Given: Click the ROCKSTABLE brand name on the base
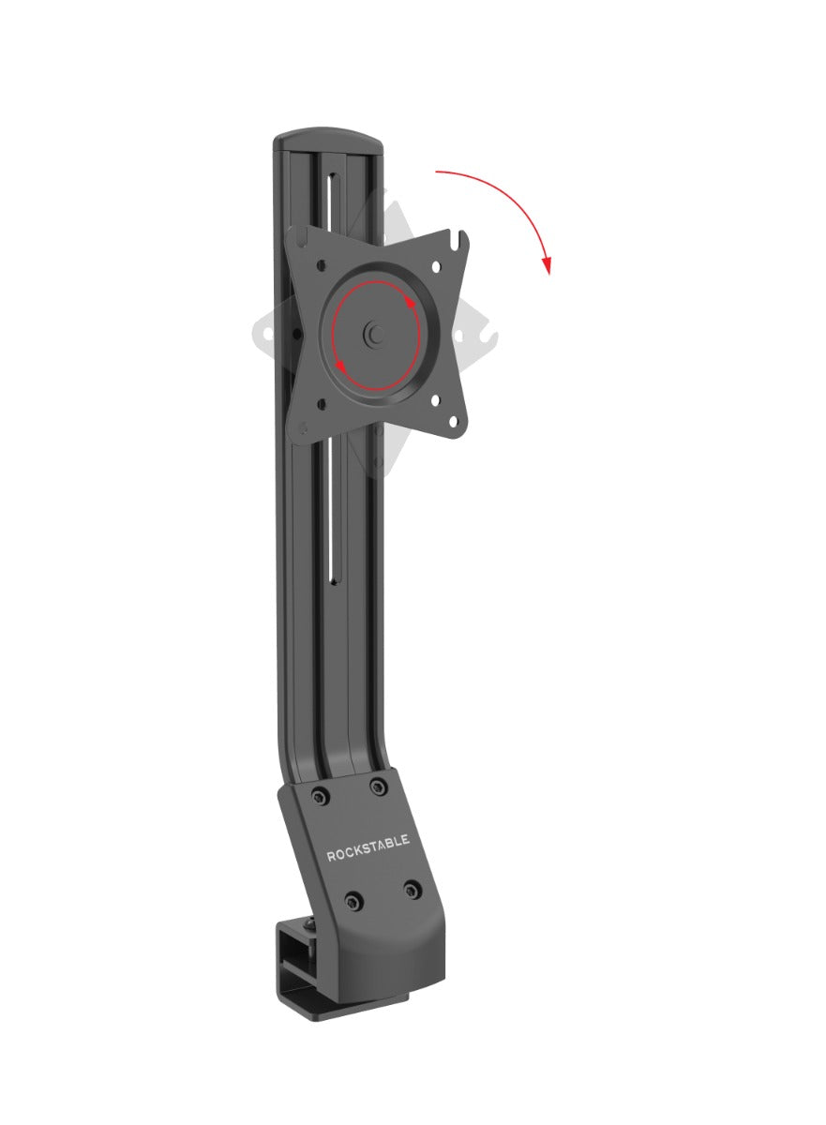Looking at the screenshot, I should [368, 855].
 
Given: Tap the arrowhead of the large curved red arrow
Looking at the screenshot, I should [547, 266].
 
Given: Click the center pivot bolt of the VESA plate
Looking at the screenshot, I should [376, 334].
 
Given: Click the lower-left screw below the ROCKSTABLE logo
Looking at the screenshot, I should [353, 902].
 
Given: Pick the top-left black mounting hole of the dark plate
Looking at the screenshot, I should [321, 265].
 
